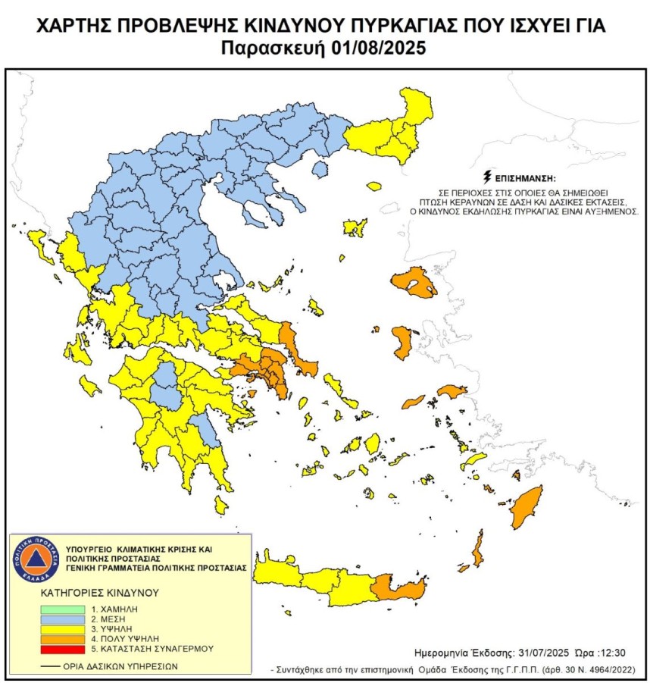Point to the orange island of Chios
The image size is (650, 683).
tap(402, 342)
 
